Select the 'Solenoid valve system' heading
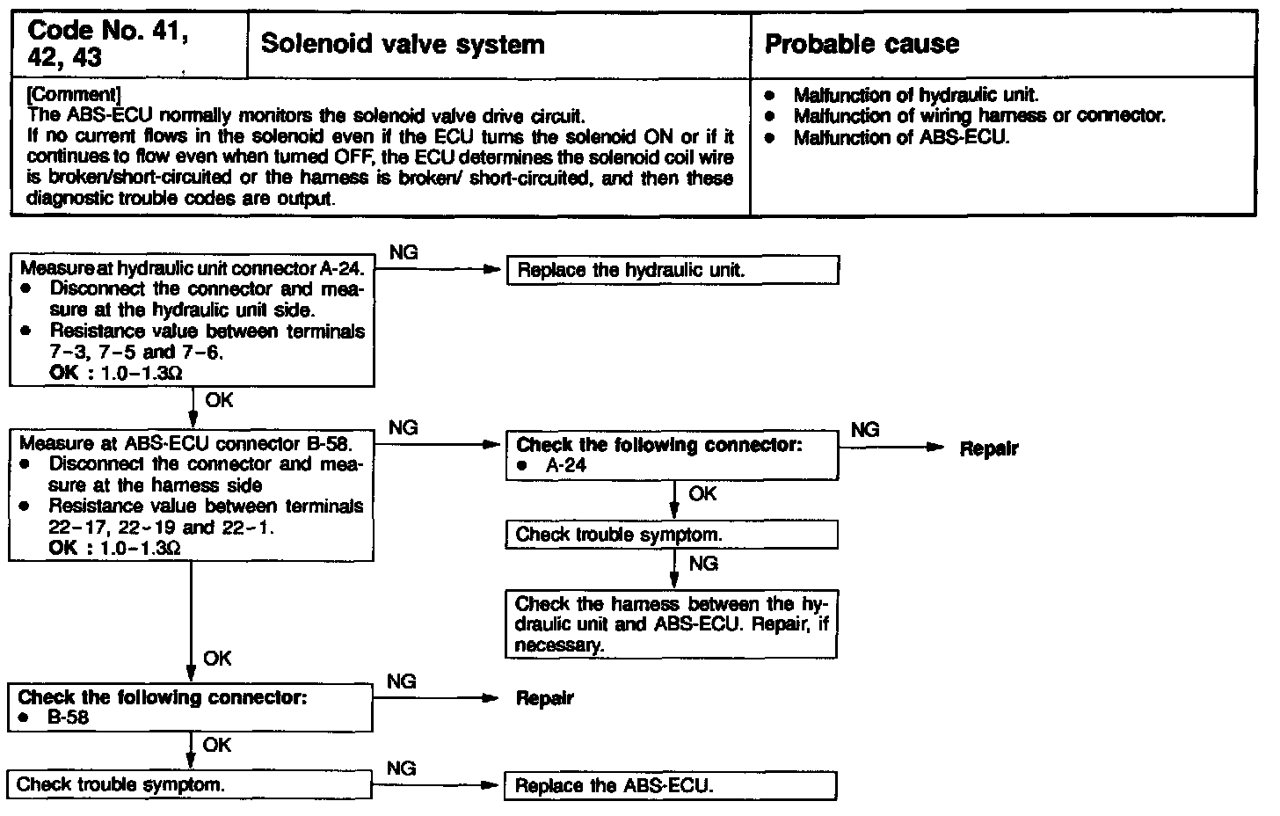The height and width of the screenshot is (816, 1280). (404, 44)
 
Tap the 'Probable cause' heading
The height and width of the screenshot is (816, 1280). (862, 44)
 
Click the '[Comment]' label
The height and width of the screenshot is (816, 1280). (74, 94)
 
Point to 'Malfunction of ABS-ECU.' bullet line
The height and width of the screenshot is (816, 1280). (901, 137)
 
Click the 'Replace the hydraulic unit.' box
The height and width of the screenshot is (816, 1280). (673, 271)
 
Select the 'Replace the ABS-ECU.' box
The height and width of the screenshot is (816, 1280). (670, 786)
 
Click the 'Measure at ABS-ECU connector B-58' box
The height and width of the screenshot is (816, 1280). (192, 495)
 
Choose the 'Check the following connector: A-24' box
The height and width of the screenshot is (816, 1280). (673, 455)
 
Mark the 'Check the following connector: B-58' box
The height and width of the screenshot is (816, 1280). (192, 707)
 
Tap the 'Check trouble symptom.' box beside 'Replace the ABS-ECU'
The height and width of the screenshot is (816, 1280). (190, 784)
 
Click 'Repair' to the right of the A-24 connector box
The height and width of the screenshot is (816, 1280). (989, 448)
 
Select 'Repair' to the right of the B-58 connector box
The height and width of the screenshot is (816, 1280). (545, 698)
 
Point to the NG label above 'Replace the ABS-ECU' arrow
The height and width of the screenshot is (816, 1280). (401, 769)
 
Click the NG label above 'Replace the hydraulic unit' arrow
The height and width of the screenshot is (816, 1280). (404, 253)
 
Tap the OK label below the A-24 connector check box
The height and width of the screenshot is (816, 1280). (702, 494)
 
